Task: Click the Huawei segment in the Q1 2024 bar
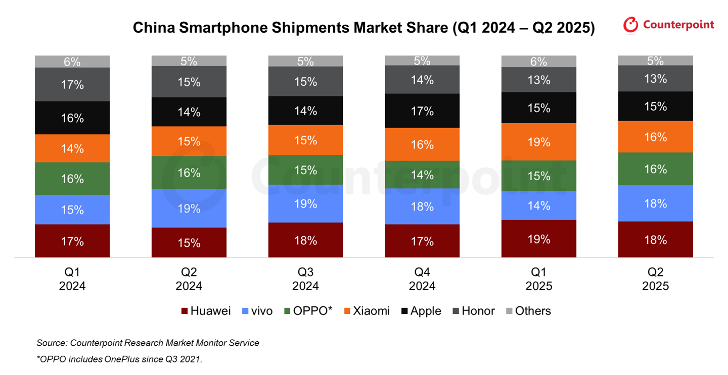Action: pyautogui.click(x=72, y=241)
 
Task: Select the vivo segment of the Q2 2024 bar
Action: pyautogui.click(x=189, y=208)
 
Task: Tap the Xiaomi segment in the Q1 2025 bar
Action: pyautogui.click(x=539, y=142)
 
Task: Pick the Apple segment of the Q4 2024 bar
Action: pyautogui.click(x=422, y=111)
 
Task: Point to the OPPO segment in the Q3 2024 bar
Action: pyautogui.click(x=305, y=170)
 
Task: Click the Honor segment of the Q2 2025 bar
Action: pyautogui.click(x=656, y=79)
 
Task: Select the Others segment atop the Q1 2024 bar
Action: pyautogui.click(x=72, y=62)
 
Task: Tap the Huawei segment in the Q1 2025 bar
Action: pyautogui.click(x=539, y=239)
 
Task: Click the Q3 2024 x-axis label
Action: pyautogui.click(x=305, y=279)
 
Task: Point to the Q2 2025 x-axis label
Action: pyautogui.click(x=656, y=279)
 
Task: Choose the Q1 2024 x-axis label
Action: pyautogui.click(x=72, y=279)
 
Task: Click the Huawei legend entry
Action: pyautogui.click(x=206, y=311)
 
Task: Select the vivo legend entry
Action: pyautogui.click(x=257, y=311)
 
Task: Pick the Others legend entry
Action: pyautogui.click(x=528, y=311)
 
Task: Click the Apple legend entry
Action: pyautogui.click(x=421, y=311)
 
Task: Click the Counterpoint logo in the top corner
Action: pyautogui.click(x=668, y=25)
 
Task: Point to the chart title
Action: pyautogui.click(x=363, y=28)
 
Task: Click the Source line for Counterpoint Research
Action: pyautogui.click(x=148, y=343)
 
